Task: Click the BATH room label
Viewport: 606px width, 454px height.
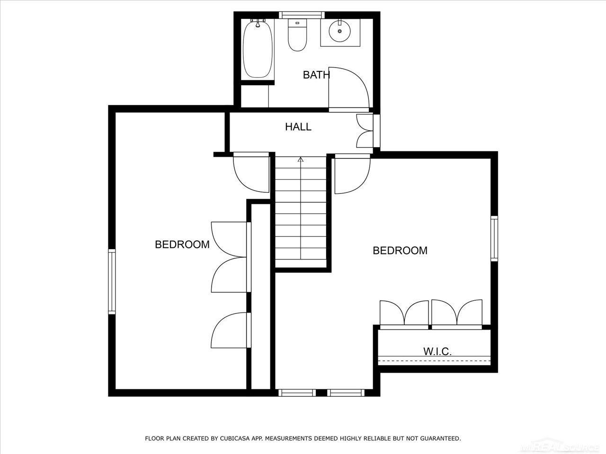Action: (316, 75)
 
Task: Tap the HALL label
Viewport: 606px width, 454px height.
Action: (298, 127)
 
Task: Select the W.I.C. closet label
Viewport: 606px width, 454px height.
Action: (437, 351)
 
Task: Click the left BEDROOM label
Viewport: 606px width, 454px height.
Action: (182, 244)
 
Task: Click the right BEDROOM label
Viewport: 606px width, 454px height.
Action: (400, 251)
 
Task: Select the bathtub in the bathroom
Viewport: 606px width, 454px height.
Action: (258, 50)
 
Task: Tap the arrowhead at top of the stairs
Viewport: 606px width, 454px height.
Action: (300, 159)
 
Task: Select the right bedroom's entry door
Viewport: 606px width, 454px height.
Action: (352, 175)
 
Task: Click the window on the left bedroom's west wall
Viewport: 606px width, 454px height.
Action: (112, 282)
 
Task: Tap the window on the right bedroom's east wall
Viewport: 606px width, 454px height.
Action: (494, 238)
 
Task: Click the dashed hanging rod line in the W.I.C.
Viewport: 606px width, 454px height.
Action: (434, 361)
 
